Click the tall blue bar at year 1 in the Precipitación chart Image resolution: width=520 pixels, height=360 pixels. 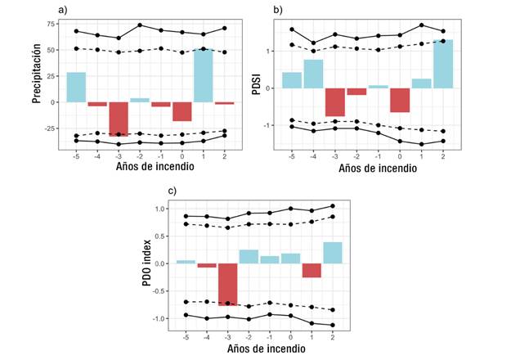click(x=204, y=75)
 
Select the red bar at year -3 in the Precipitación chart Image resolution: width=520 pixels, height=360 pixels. click(x=119, y=119)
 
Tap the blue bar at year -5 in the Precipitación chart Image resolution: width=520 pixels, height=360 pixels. click(x=76, y=88)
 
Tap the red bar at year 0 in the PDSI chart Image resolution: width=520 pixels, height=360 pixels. click(x=400, y=100)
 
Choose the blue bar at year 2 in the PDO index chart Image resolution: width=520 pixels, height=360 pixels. click(x=333, y=253)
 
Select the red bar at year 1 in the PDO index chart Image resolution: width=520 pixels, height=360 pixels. click(x=312, y=271)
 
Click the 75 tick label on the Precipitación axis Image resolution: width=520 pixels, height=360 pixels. click(x=52, y=24)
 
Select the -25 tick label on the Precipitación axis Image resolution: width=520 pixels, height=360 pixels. click(x=51, y=128)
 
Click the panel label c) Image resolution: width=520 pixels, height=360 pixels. click(x=173, y=191)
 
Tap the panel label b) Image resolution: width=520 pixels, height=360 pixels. click(x=278, y=9)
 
